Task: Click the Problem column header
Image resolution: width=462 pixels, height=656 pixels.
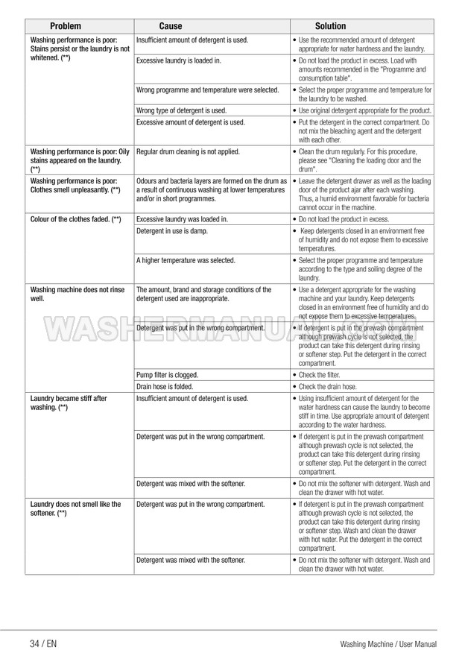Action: [x=66, y=25]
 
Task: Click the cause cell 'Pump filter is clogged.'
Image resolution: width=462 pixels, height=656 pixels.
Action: [x=167, y=375]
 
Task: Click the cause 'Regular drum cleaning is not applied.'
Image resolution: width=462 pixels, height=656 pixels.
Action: [x=188, y=151]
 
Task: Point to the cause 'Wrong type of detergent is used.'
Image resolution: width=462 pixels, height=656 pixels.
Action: [x=182, y=110]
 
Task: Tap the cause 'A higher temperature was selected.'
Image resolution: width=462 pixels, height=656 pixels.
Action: [x=186, y=260]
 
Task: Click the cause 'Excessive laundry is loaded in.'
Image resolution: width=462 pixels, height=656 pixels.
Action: [x=179, y=60]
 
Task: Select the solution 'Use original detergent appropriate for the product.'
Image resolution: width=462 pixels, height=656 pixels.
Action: [x=364, y=110]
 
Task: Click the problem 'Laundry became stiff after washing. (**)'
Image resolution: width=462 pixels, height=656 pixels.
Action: [x=68, y=403]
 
